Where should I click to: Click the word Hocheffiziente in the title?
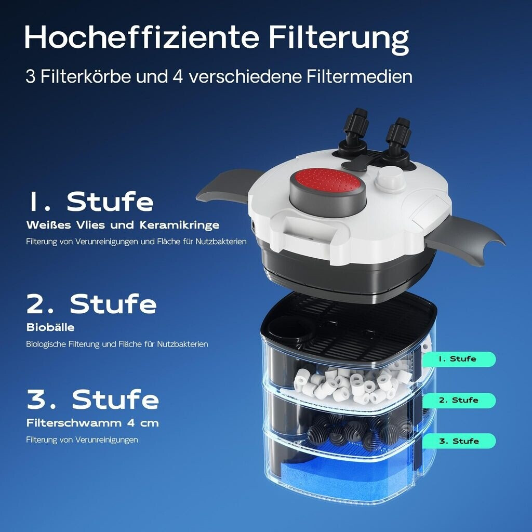tap(142, 37)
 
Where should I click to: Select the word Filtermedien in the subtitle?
tap(360, 76)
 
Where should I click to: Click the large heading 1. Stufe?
tap(90, 202)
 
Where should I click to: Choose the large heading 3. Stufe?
tap(92, 399)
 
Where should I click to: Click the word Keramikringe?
tap(179, 225)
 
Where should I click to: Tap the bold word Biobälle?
tap(50, 327)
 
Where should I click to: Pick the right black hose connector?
tap(399, 142)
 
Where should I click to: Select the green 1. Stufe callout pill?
tap(459, 359)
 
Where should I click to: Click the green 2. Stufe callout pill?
tap(459, 401)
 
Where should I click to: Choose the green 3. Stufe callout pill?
tap(459, 441)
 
